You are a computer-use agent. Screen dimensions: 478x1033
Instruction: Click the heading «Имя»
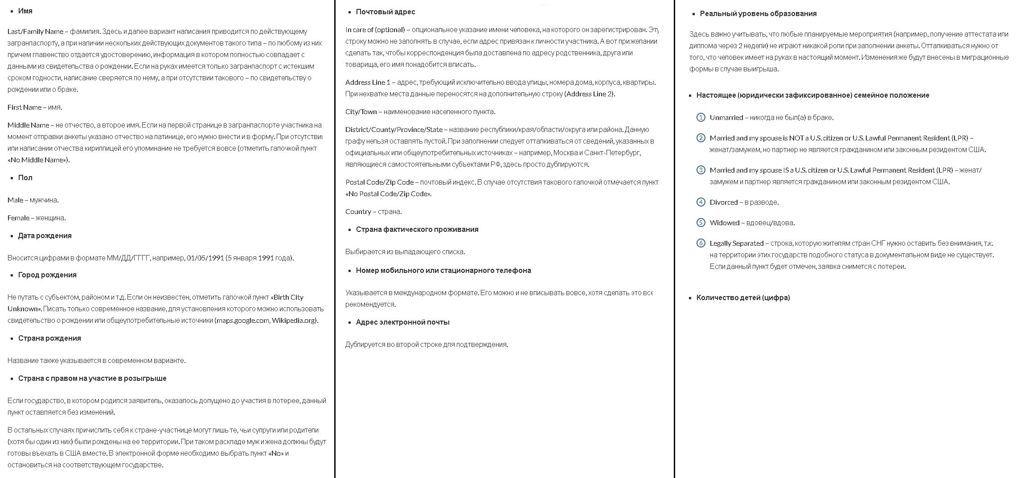tap(25, 11)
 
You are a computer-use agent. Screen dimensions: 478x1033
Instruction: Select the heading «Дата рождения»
tap(45, 235)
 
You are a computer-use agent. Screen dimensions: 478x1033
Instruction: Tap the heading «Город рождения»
tap(47, 275)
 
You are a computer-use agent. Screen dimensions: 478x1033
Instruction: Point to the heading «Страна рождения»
tap(49, 338)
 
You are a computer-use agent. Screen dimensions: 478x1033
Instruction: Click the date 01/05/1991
tap(205, 258)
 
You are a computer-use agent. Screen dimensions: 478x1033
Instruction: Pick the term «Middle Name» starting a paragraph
tap(28, 125)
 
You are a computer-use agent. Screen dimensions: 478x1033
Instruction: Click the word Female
tap(18, 218)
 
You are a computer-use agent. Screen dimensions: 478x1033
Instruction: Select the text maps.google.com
tap(243, 320)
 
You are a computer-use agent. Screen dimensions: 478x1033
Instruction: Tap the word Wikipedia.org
tap(294, 320)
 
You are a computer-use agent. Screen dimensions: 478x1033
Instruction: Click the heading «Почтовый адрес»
tap(385, 12)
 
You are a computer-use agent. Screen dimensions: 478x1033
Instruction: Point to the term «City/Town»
tap(361, 111)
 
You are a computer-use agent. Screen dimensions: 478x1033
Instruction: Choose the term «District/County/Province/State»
tap(394, 129)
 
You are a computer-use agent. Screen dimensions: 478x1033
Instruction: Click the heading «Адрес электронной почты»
tap(402, 322)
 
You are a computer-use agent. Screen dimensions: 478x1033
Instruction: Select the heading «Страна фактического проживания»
tap(417, 229)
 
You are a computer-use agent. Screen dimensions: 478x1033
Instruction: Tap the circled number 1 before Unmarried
tap(701, 117)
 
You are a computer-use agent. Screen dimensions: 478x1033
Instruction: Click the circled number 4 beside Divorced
tap(701, 202)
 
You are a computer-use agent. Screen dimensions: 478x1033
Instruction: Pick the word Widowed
tap(724, 223)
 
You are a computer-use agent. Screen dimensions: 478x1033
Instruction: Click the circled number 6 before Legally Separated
tap(701, 243)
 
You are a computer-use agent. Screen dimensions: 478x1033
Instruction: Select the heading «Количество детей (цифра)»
tap(743, 297)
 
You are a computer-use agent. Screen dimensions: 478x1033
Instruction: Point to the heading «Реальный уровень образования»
tap(758, 13)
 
